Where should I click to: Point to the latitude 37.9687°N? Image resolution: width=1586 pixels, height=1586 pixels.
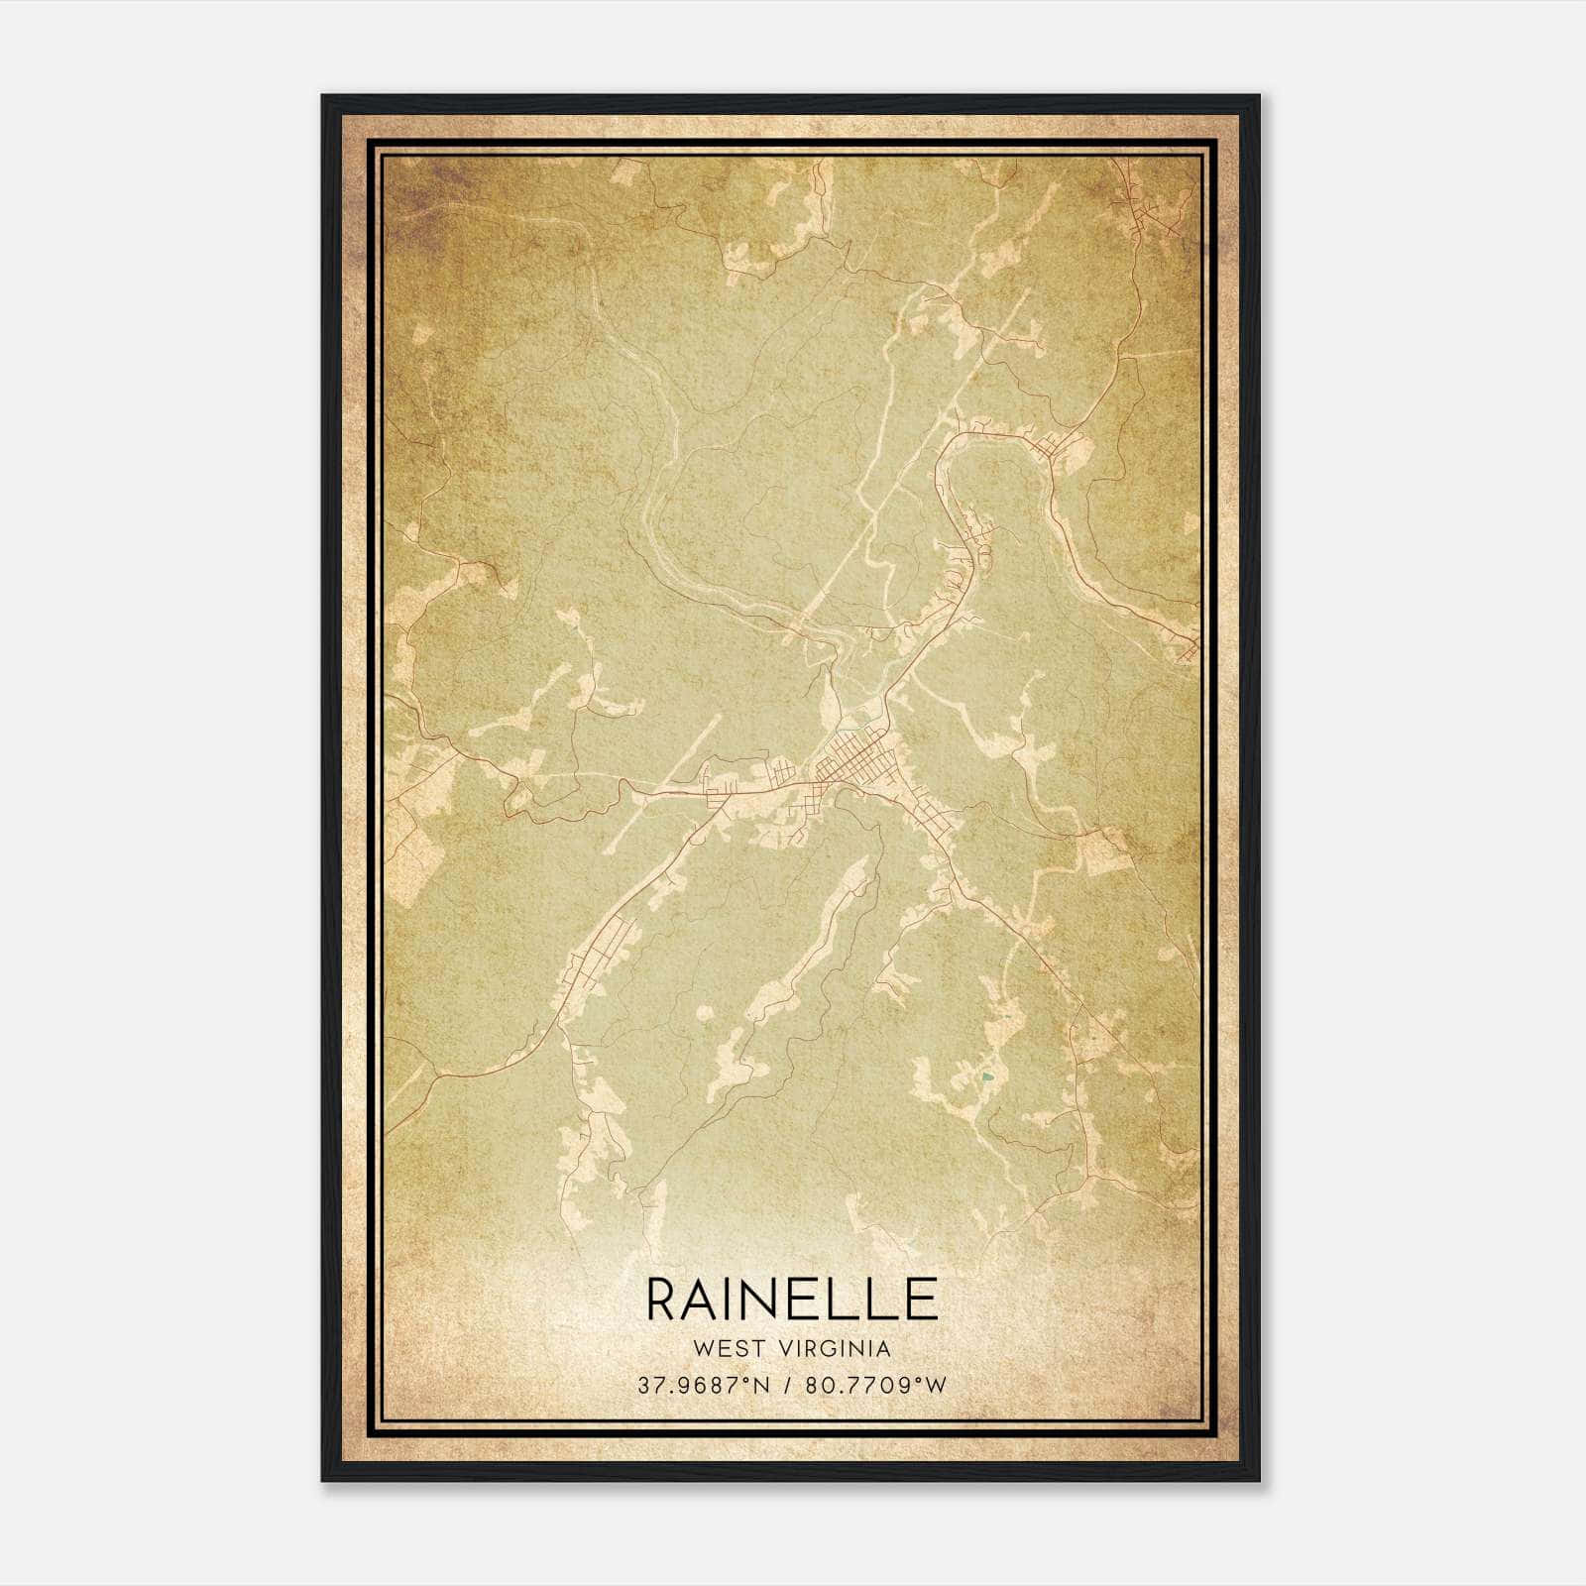(705, 1385)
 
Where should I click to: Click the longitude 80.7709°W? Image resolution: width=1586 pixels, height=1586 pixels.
(877, 1385)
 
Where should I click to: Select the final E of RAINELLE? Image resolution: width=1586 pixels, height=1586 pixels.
(919, 1300)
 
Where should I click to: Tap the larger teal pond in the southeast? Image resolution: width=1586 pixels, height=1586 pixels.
(986, 1076)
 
